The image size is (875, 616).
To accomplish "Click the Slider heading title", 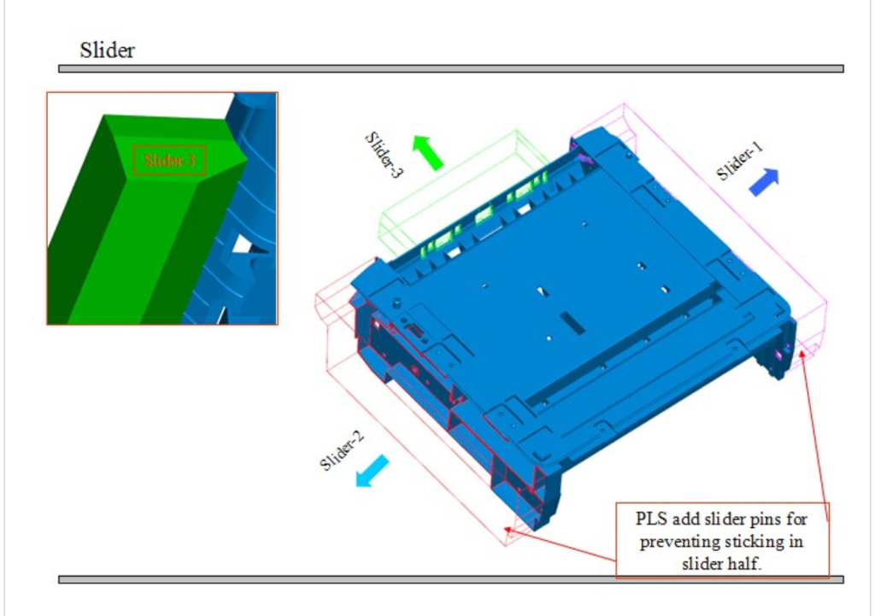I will point(107,50).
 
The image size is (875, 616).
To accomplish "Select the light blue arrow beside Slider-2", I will point(372,471).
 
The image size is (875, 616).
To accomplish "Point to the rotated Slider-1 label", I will point(740,161).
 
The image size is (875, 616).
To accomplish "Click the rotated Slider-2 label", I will point(343,450).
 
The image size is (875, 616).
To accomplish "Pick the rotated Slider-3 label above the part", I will point(384,154).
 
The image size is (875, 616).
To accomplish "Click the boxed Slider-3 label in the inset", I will point(169,161).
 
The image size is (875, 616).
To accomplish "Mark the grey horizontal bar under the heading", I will point(450,68).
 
